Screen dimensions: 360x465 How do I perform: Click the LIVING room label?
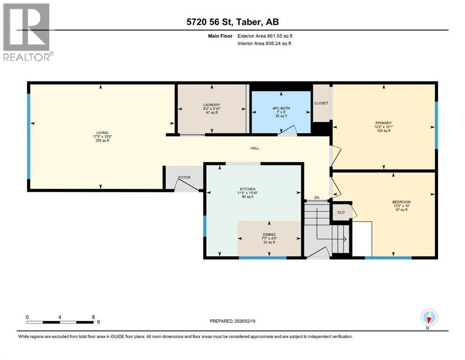pos(102,133)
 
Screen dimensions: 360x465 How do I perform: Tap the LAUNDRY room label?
pos(212,105)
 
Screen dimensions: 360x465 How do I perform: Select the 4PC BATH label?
pos(281,108)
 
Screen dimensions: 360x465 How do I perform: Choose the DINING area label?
pos(269,234)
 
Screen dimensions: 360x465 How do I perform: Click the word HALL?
pos(254,148)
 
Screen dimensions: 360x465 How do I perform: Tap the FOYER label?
pos(185,177)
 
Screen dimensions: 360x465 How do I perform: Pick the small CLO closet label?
pos(341,212)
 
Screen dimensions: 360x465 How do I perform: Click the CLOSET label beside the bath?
pos(321,103)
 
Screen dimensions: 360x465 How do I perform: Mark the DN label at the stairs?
pos(317,198)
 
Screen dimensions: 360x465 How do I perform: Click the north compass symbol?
pos(429,318)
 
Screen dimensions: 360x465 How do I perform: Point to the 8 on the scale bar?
pos(93,317)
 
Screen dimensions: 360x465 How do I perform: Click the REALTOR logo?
pos(27,32)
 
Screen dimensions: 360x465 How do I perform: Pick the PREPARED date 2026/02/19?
pos(233,321)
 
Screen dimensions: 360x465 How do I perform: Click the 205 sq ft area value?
pos(102,141)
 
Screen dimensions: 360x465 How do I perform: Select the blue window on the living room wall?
pos(29,136)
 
